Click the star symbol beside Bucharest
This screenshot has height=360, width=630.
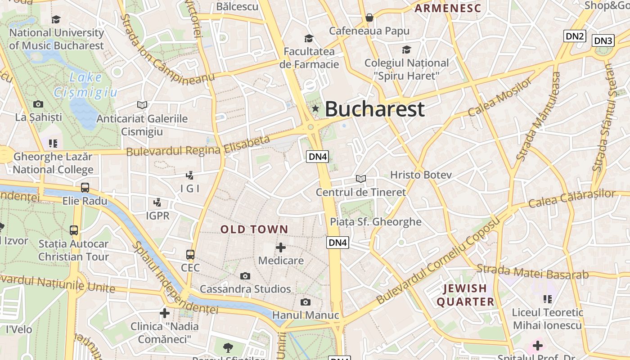point(315,108)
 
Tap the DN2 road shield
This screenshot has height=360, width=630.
point(575,36)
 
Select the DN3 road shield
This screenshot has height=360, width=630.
point(603,41)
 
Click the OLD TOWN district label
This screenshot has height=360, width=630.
point(254,229)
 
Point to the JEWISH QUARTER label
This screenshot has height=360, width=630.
point(465,295)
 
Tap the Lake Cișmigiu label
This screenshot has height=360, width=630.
point(85,85)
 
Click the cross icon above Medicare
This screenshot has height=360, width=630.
point(281,247)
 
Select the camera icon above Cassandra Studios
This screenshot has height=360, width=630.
point(245,276)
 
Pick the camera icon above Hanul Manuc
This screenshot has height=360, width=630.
point(306,302)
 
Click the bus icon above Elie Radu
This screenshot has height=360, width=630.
point(85,188)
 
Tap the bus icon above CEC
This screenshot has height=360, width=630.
point(190,255)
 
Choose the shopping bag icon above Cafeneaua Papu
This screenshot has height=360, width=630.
point(369,18)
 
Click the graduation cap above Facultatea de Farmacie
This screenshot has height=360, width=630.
point(309,39)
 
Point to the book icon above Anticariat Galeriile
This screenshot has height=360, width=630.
point(142,105)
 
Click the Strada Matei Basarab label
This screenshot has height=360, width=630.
point(532,272)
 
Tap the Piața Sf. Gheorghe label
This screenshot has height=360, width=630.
point(376,222)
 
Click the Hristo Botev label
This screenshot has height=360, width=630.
point(421,175)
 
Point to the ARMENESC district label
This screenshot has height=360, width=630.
point(448,8)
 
